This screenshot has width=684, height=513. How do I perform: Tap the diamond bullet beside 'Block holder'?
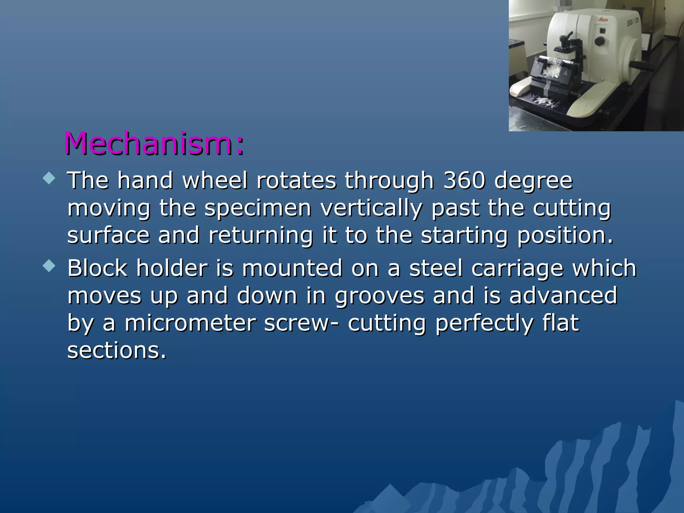click(x=49, y=266)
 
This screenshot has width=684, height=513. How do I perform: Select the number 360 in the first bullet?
click(x=464, y=180)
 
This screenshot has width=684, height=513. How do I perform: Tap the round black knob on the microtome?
click(x=600, y=41)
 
